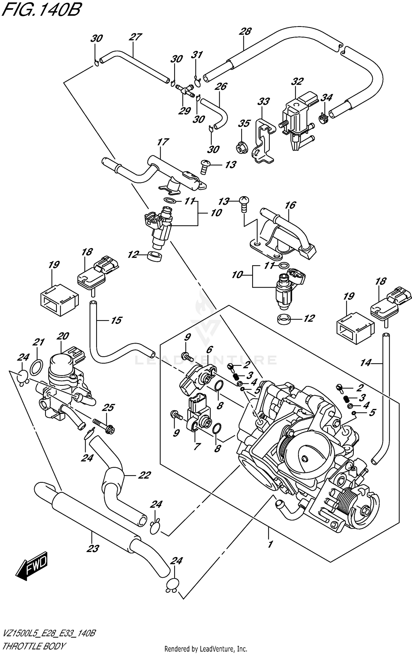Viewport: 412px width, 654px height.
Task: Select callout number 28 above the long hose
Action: (245, 31)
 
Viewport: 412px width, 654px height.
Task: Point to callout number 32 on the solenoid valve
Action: (297, 81)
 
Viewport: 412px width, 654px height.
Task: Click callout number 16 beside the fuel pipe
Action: (290, 205)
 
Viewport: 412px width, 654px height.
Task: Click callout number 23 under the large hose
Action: (93, 548)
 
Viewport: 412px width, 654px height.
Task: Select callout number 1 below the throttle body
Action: (270, 544)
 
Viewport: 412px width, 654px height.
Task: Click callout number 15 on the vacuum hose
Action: (116, 320)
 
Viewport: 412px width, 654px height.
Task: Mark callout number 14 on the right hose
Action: (366, 363)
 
